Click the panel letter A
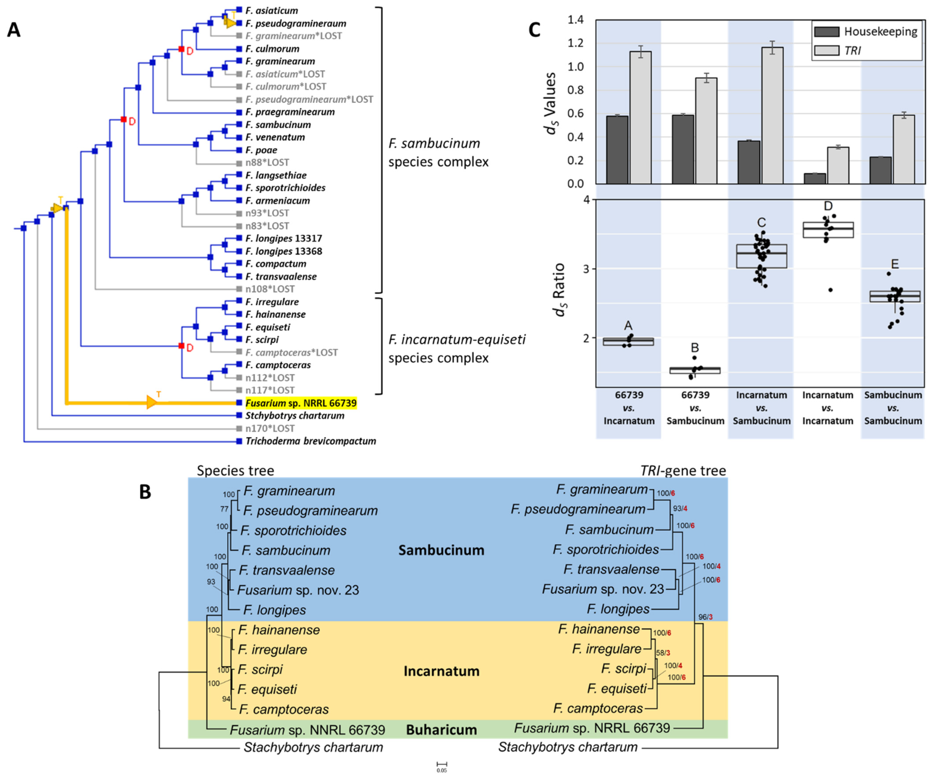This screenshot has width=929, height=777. (14, 30)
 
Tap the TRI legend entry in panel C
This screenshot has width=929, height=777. (853, 51)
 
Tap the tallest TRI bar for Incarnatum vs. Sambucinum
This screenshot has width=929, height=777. (772, 115)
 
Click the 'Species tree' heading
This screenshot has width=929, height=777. (235, 470)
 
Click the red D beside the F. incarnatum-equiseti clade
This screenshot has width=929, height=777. (190, 348)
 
